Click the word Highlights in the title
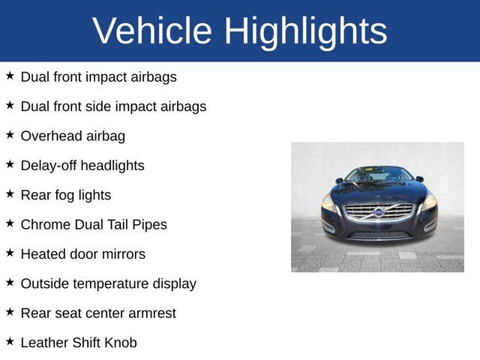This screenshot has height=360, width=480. pyautogui.click(x=305, y=31)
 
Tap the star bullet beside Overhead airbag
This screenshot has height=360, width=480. pyautogui.click(x=10, y=135)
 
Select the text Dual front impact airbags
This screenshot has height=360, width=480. pyautogui.click(x=98, y=76)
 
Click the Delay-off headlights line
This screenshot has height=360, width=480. pyautogui.click(x=82, y=166)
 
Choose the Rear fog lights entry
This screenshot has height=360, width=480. pyautogui.click(x=65, y=195)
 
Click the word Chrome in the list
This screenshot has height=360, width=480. pyautogui.click(x=46, y=224)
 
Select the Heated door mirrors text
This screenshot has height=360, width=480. pyautogui.click(x=82, y=254)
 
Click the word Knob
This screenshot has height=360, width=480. pyautogui.click(x=119, y=343)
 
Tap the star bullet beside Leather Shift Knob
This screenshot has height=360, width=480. pyautogui.click(x=10, y=341)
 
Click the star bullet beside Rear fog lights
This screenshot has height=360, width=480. pyautogui.click(x=10, y=193)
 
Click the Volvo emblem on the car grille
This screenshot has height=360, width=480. pyautogui.click(x=379, y=212)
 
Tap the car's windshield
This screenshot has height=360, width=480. pyautogui.click(x=379, y=175)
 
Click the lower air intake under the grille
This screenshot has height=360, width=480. pyautogui.click(x=379, y=234)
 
